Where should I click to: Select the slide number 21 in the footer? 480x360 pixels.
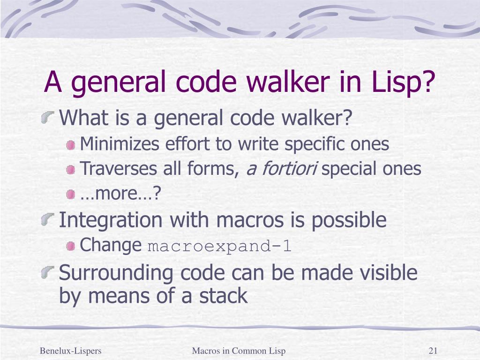pyautogui.click(x=433, y=351)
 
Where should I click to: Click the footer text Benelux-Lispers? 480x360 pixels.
pyautogui.click(x=71, y=351)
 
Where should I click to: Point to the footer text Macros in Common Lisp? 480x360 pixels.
pyautogui.click(x=239, y=351)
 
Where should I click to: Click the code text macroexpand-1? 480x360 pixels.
pyautogui.click(x=220, y=247)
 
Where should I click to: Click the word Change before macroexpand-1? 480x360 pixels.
pyautogui.click(x=111, y=245)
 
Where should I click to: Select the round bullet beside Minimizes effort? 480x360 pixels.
pyautogui.click(x=71, y=146)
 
